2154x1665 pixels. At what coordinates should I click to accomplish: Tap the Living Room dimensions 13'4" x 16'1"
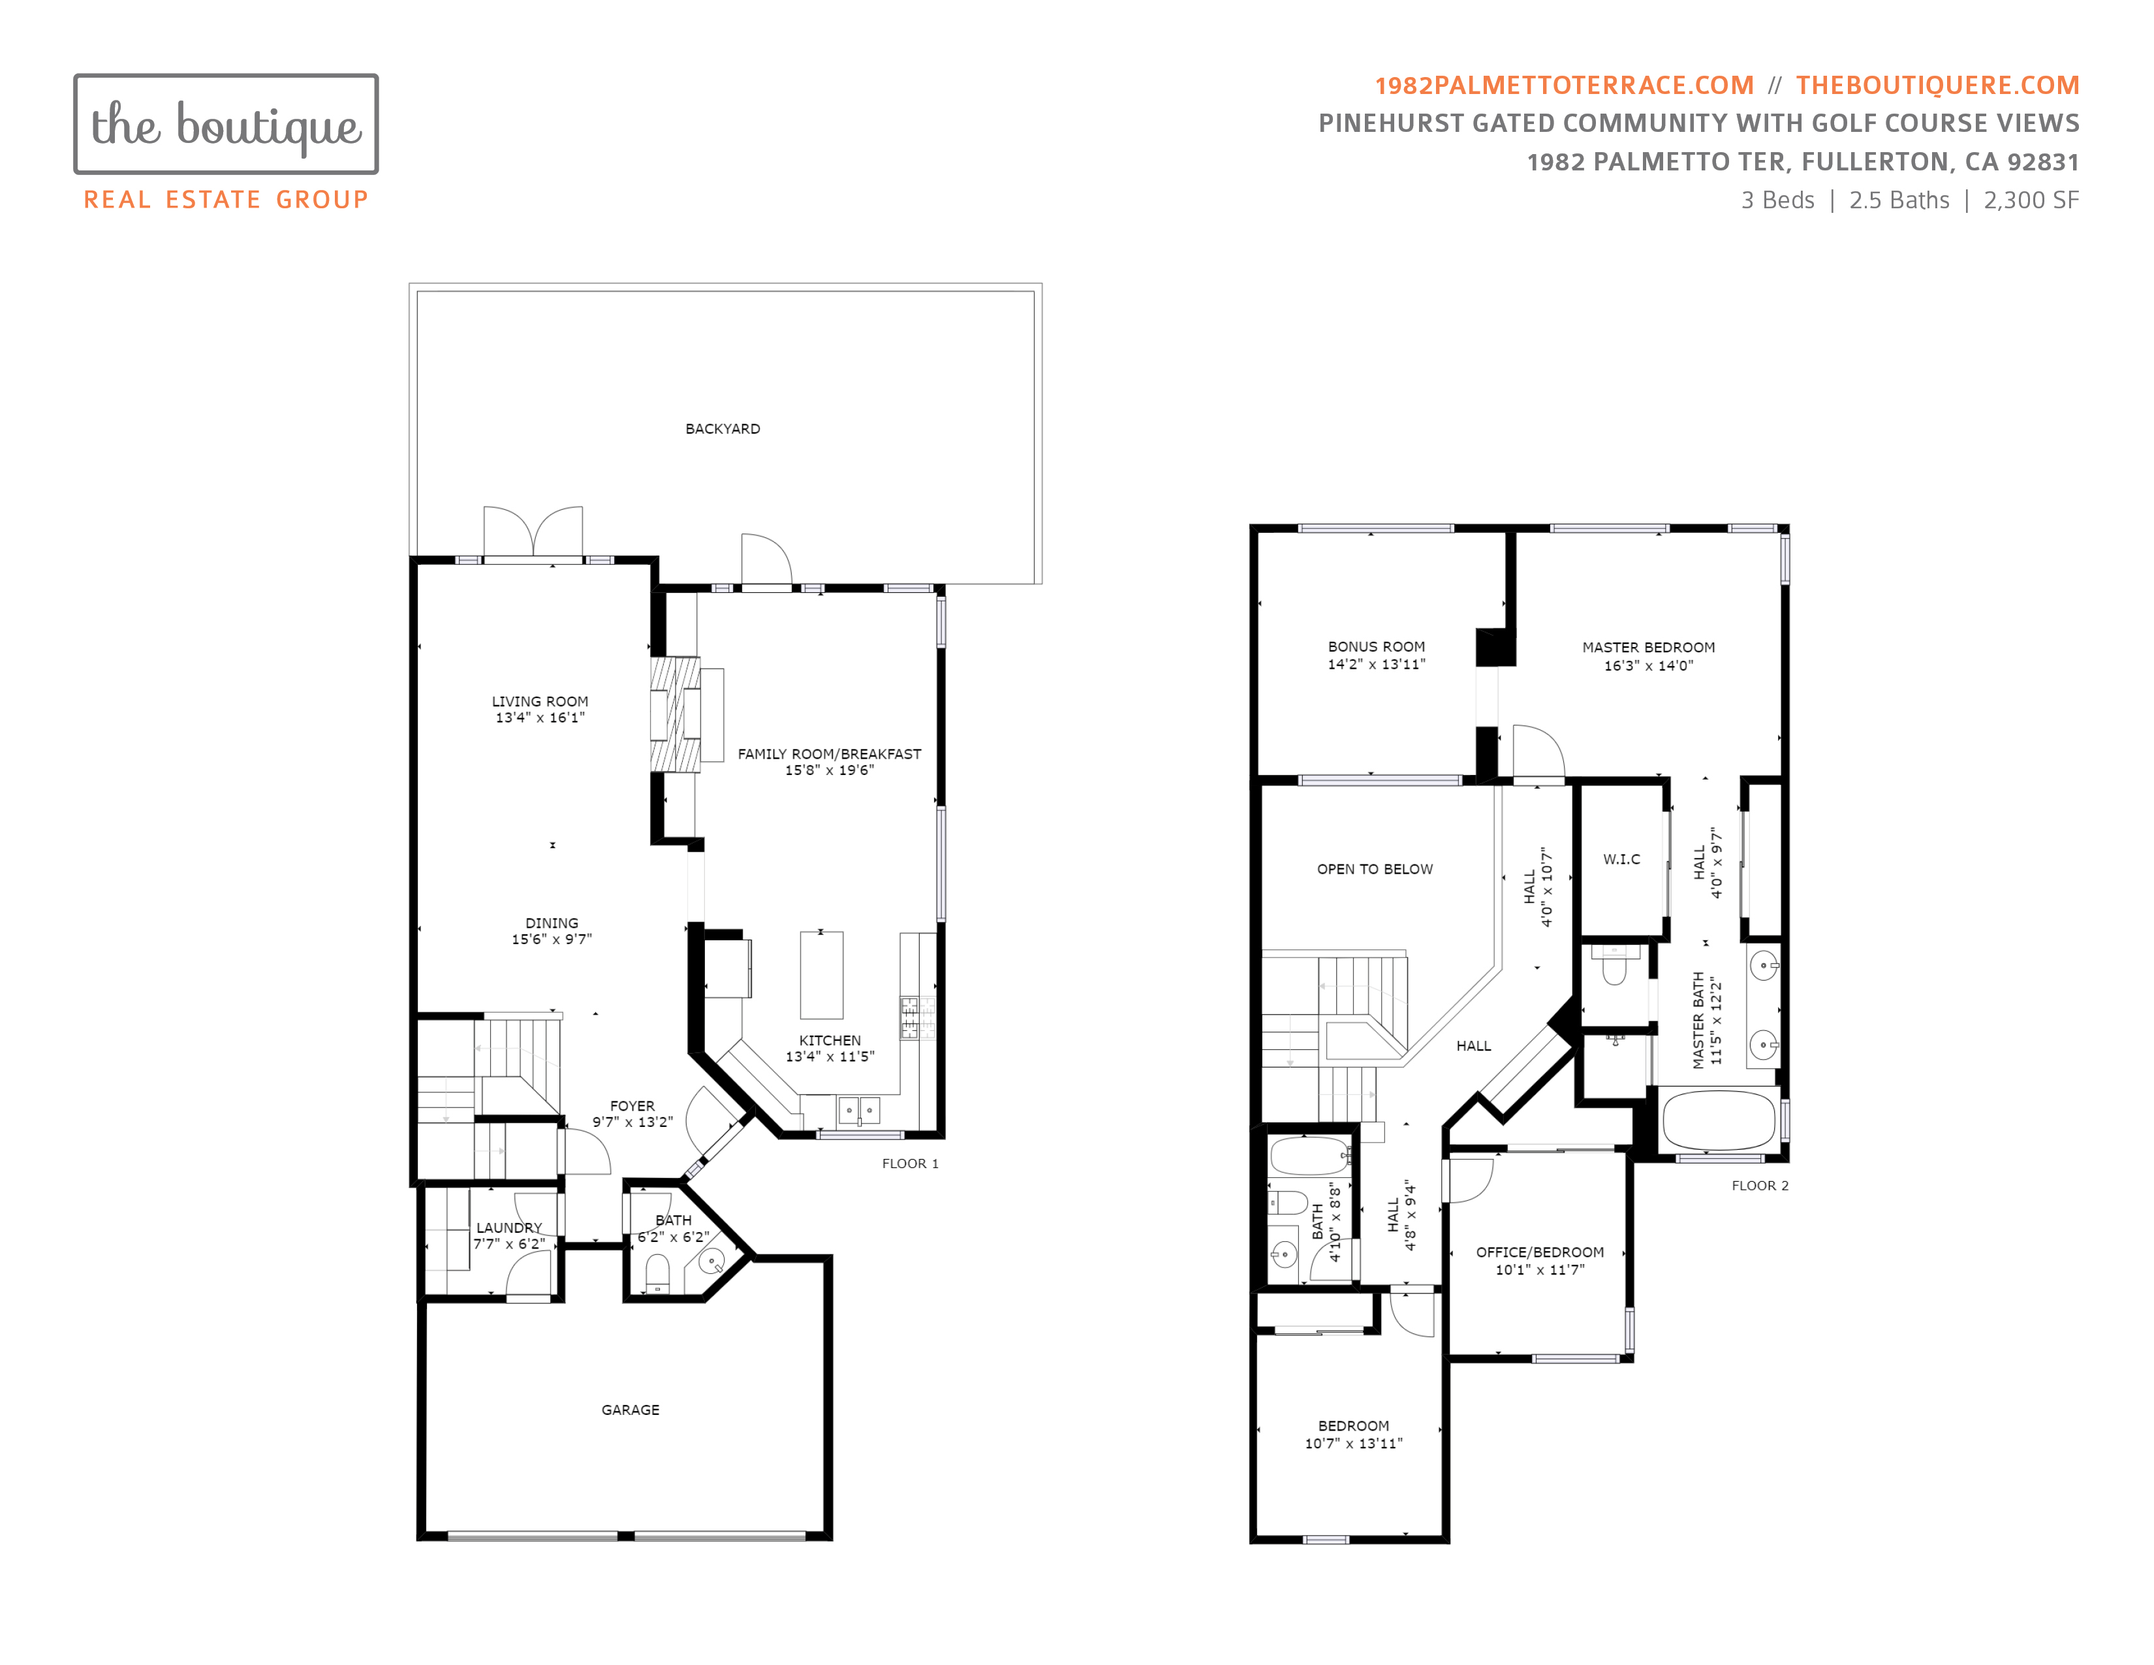(x=540, y=718)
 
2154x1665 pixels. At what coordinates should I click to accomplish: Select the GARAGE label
(x=631, y=1410)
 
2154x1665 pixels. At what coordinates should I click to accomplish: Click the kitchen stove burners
(x=909, y=1018)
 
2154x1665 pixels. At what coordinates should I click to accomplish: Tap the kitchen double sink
(x=858, y=1111)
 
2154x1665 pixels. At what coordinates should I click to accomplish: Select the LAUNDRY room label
(x=509, y=1228)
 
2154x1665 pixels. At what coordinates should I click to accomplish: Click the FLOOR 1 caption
(x=909, y=1164)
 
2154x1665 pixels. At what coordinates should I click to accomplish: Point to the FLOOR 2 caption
(x=1760, y=1186)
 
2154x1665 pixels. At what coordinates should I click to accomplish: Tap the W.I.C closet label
(x=1621, y=859)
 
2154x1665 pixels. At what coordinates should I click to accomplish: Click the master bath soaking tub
(x=1719, y=1120)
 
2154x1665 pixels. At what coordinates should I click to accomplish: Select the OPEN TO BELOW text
(x=1375, y=869)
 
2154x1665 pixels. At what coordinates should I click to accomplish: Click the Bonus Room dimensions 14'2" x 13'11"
(x=1376, y=665)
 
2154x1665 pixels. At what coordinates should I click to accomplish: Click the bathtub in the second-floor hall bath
(x=1309, y=1155)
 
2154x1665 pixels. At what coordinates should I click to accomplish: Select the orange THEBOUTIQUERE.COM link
(x=1937, y=86)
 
